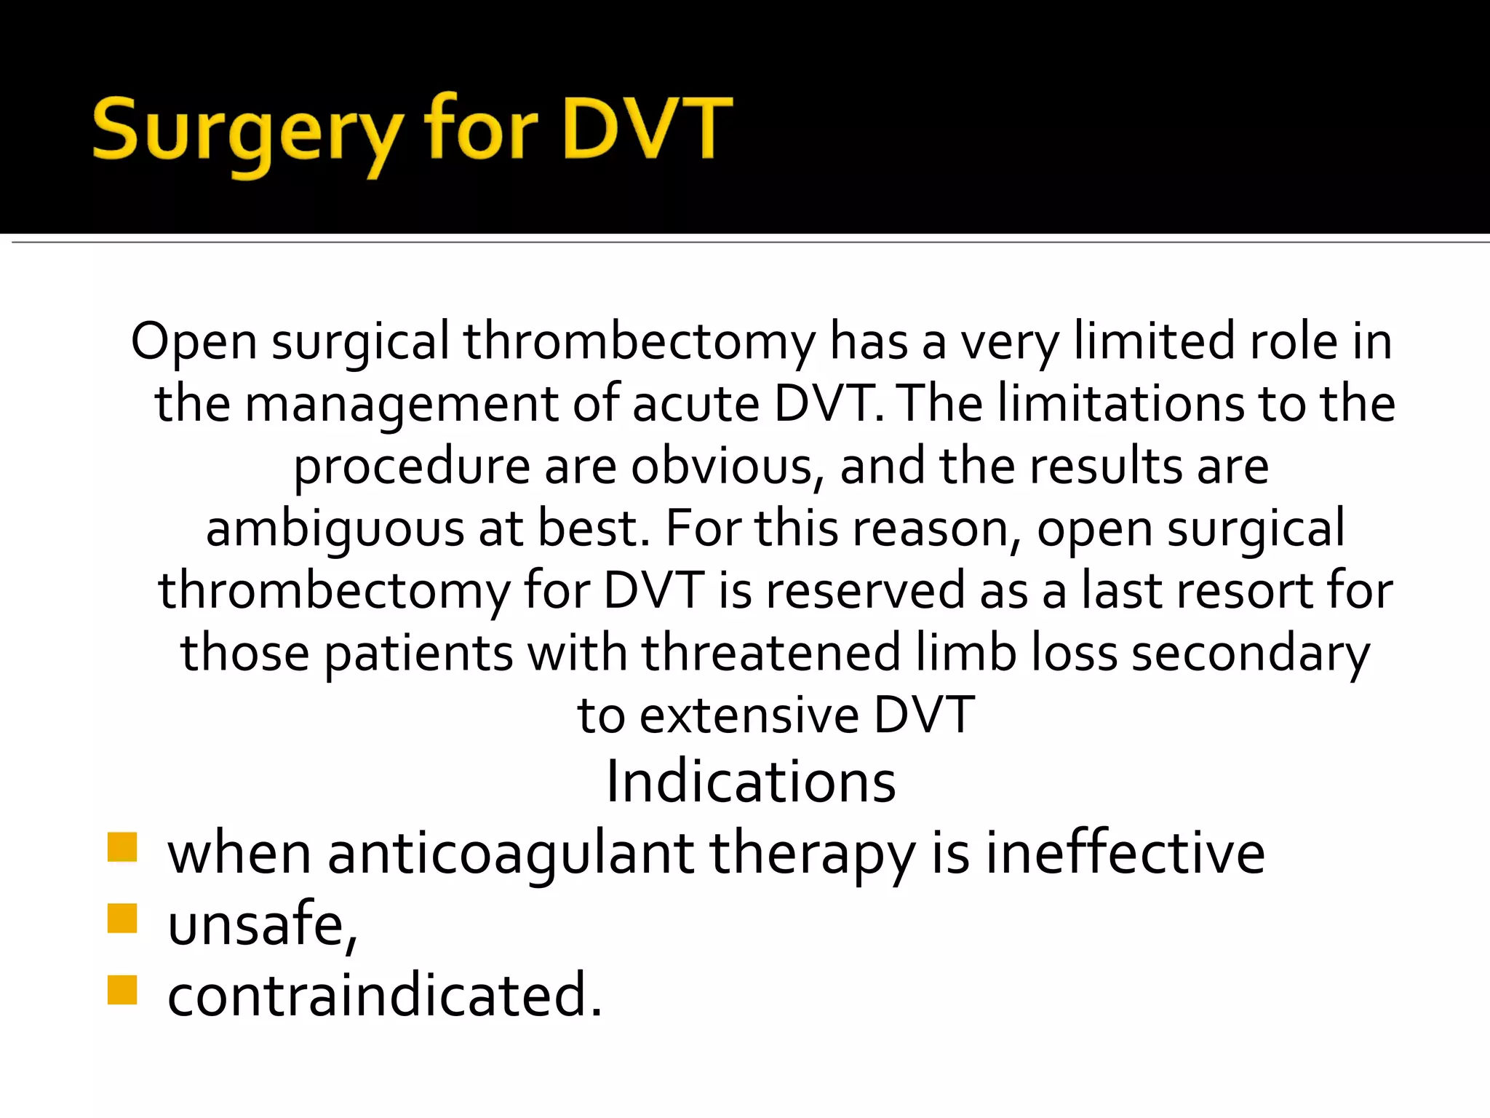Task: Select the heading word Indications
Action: tap(751, 782)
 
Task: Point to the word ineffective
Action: tap(1125, 853)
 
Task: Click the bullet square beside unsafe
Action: tap(122, 919)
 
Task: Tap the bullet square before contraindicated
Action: tap(122, 990)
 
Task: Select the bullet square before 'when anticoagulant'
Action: tap(122, 847)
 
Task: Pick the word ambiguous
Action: tap(335, 529)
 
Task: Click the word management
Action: tap(402, 405)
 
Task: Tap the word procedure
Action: tap(412, 467)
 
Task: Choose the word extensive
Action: tap(749, 715)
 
